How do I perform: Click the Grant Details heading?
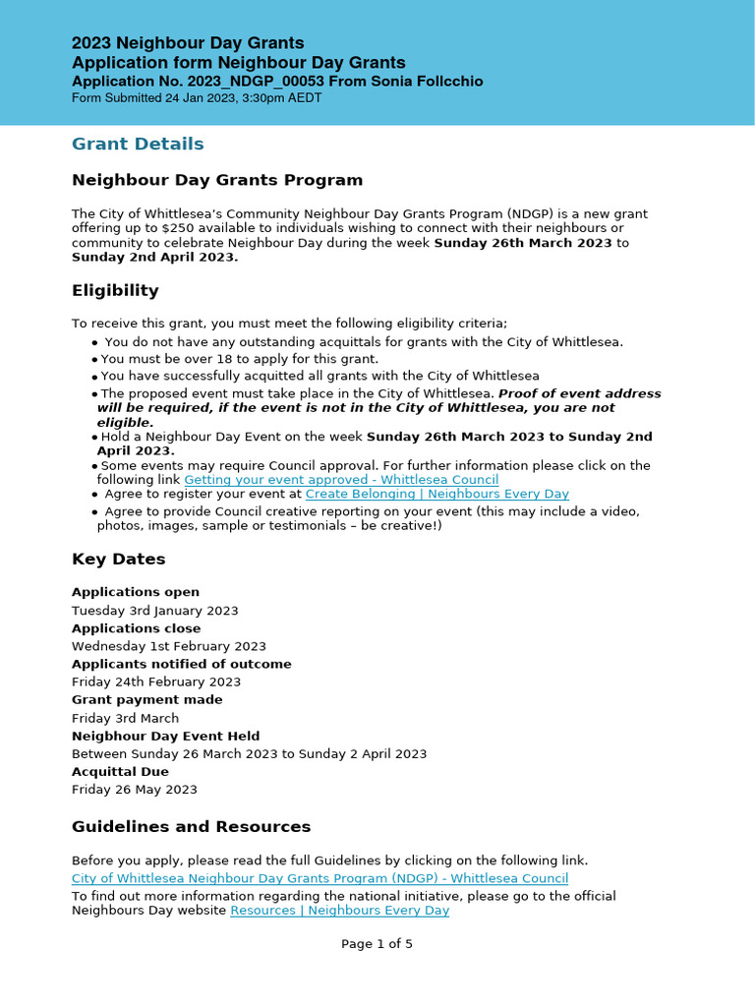click(138, 144)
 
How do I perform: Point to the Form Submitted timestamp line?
click(197, 98)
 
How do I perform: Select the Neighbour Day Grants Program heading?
click(217, 180)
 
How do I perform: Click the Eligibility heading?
click(115, 290)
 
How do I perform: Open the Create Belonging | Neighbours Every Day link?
click(436, 494)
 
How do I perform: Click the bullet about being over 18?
click(239, 359)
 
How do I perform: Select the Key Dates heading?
click(118, 559)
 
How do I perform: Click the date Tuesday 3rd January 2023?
click(154, 611)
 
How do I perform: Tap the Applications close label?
click(136, 628)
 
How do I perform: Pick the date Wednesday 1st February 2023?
click(168, 646)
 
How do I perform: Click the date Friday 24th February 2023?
click(155, 681)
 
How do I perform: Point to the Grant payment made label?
click(146, 699)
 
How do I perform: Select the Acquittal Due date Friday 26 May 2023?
click(134, 789)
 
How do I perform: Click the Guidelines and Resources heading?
click(191, 826)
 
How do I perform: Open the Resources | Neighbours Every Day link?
click(339, 910)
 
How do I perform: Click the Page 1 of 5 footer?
click(377, 944)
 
